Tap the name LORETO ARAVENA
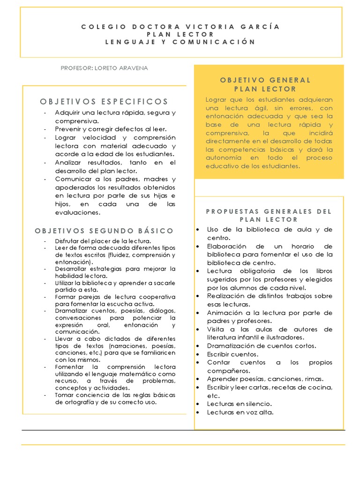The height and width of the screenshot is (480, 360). coord(121,68)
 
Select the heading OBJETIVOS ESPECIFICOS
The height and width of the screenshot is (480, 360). coord(104,101)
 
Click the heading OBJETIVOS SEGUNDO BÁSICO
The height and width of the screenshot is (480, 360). coord(104,231)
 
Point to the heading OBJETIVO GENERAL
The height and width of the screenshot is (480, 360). coord(265,80)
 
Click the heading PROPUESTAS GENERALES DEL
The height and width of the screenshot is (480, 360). coord(269,211)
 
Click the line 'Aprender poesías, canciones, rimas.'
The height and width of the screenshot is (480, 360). coord(265,379)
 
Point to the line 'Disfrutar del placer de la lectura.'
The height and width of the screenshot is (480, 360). coord(103,241)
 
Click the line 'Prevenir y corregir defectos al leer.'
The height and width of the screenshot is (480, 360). coord(111,129)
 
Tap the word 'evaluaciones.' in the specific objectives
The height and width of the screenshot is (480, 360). coord(78,212)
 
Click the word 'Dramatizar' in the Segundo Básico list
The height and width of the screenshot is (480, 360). coord(69,311)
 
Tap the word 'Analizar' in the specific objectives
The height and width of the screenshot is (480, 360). coord(69,163)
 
